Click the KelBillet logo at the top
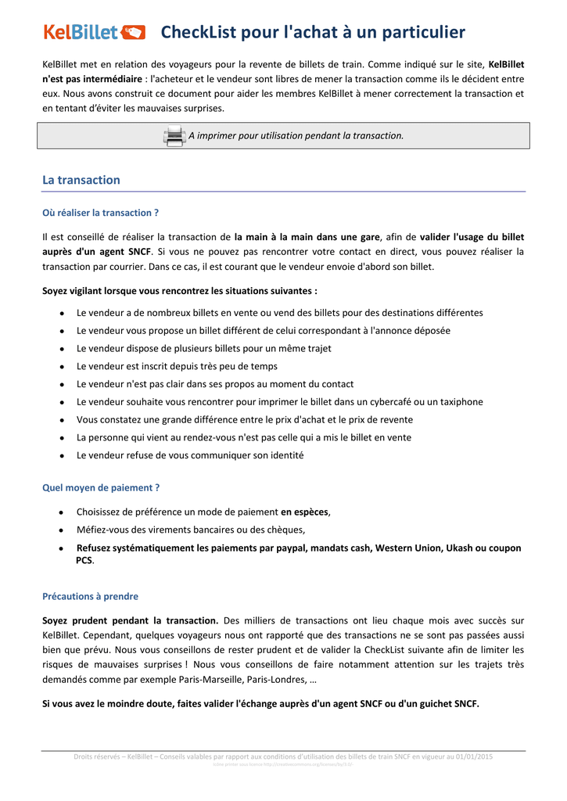click(x=94, y=32)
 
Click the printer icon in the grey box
click(x=174, y=136)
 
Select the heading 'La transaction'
click(x=81, y=180)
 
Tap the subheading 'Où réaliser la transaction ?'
click(x=100, y=213)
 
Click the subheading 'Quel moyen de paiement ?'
click(x=101, y=487)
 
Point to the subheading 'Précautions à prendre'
click(x=90, y=596)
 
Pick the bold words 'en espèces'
click(x=305, y=512)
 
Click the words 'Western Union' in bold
click(x=408, y=548)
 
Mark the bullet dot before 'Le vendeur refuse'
click(x=61, y=456)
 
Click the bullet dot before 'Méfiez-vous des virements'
click(x=61, y=530)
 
